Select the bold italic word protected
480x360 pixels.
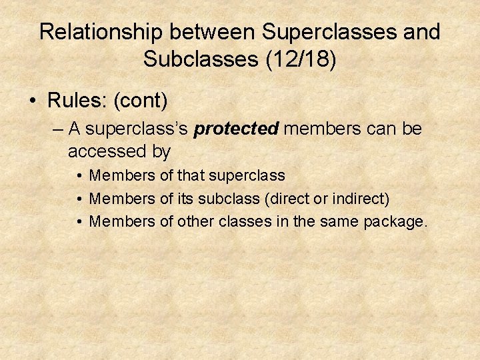point(236,128)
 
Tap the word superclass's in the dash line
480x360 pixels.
point(137,128)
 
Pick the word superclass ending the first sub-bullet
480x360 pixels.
point(247,175)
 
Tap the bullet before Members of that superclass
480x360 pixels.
point(79,176)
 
